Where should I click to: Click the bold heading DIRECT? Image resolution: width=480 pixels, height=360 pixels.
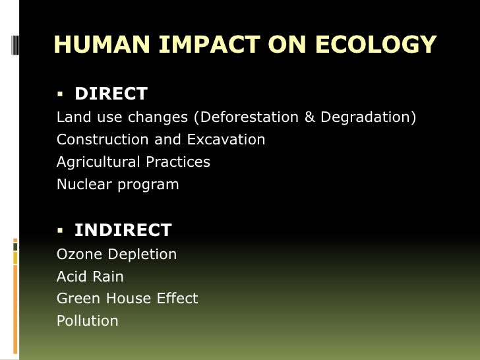coord(111,94)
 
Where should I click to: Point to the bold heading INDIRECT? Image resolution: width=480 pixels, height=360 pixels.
coord(123,231)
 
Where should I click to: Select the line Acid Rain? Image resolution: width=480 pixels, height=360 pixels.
coord(90,277)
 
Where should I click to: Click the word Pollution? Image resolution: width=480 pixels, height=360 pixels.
coord(88,321)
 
